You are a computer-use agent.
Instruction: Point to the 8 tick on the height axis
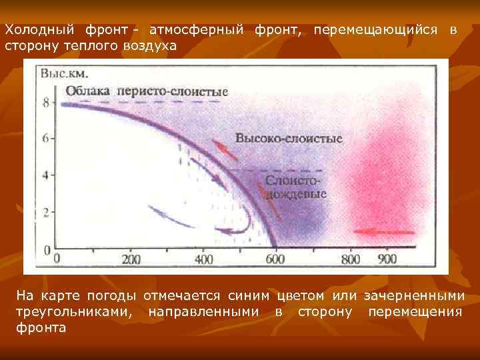[45, 103]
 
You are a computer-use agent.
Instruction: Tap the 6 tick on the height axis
[45, 139]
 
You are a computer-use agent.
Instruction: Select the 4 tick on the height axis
[45, 175]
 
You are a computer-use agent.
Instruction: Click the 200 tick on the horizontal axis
[131, 259]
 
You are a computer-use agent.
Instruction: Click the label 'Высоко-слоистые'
[289, 139]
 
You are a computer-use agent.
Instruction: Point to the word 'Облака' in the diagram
[89, 91]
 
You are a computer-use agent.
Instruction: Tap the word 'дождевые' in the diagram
[297, 195]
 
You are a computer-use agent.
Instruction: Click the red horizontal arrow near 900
[383, 232]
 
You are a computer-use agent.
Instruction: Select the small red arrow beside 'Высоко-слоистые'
[225, 149]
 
